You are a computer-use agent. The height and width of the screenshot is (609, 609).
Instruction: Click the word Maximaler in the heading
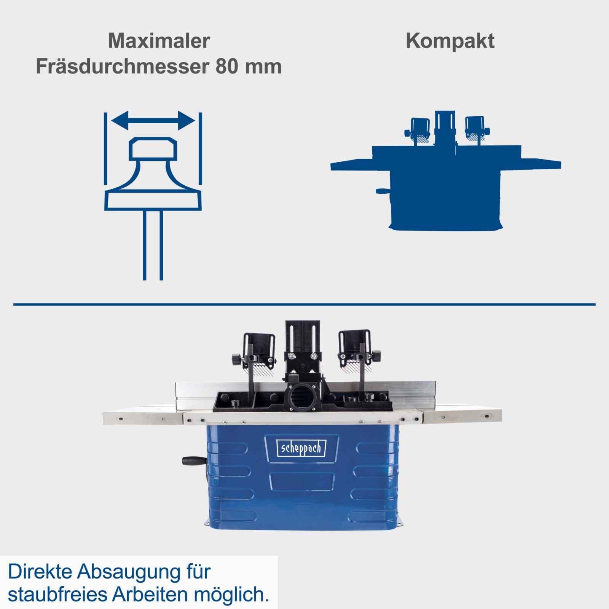click(x=159, y=41)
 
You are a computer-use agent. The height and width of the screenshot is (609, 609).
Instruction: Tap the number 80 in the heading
click(x=227, y=67)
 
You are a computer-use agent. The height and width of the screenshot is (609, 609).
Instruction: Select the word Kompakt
click(x=450, y=41)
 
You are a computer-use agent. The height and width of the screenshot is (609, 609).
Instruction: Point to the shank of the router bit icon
click(x=153, y=244)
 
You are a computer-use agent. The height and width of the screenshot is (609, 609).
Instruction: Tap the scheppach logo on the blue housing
click(x=301, y=448)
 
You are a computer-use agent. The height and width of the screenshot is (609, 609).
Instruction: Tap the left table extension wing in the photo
click(x=143, y=418)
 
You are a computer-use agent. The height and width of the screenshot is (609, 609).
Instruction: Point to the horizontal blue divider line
click(x=304, y=304)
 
